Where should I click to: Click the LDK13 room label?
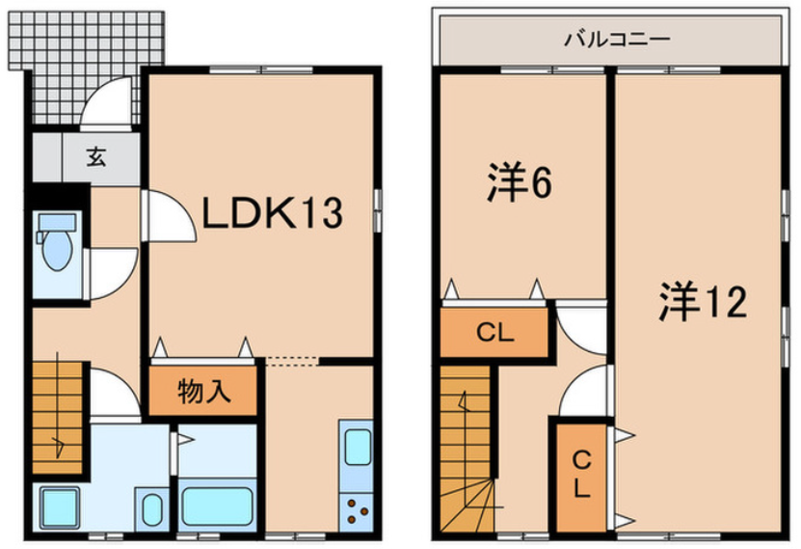tap(272, 212)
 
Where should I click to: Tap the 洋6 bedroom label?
tap(520, 181)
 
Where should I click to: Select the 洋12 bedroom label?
tap(703, 302)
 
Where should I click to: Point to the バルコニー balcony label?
tap(617, 39)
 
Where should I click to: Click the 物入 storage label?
tap(203, 392)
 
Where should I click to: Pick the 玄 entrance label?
tap(96, 156)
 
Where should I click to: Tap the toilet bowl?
tap(56, 243)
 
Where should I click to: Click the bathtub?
tap(218, 506)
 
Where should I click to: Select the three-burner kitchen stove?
tap(357, 511)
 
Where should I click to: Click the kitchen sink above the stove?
tap(358, 448)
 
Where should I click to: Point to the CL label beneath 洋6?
tap(494, 333)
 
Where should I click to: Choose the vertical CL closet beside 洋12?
tap(582, 475)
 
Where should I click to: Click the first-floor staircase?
tap(58, 418)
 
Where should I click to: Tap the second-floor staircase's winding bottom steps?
tap(467, 505)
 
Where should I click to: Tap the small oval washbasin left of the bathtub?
tap(151, 509)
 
